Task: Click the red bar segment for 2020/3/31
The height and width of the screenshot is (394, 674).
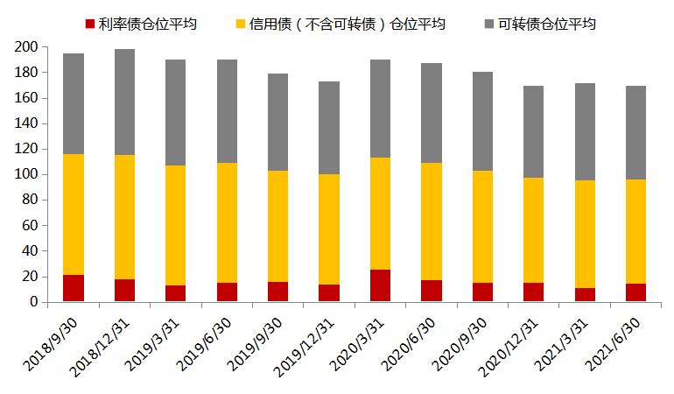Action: click(381, 285)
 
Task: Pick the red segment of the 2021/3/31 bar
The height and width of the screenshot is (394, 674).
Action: click(586, 294)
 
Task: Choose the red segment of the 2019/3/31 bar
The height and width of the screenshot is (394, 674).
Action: click(176, 293)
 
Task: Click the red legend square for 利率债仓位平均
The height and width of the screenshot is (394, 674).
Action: click(89, 24)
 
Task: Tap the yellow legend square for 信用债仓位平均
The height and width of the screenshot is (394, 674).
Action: click(241, 24)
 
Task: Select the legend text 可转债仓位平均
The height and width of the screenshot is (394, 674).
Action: click(547, 24)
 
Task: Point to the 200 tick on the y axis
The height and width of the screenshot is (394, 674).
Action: click(25, 47)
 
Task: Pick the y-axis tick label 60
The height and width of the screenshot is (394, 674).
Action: click(29, 225)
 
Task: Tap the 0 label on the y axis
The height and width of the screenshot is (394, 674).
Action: click(32, 302)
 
